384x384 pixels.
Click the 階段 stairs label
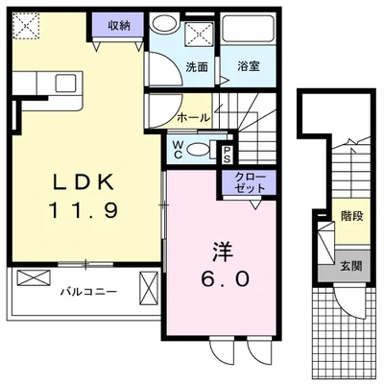coord(350,217)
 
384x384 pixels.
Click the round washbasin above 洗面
coord(165,26)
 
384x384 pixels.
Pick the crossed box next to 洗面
coord(200,35)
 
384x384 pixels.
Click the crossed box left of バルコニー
coord(31,279)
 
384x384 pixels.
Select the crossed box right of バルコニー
coord(149,287)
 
